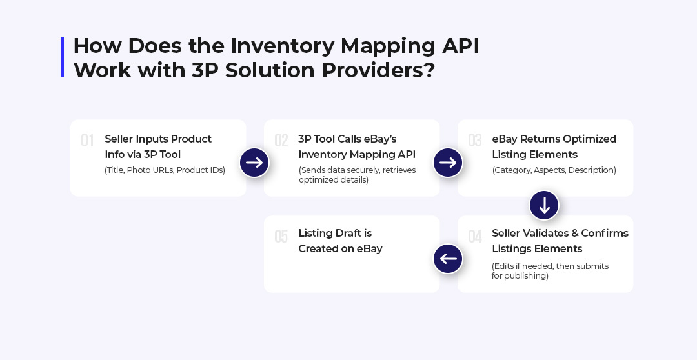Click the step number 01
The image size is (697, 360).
tap(87, 141)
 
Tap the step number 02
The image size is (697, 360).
tap(281, 141)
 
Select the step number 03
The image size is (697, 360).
tap(475, 141)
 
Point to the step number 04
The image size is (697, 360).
tap(475, 236)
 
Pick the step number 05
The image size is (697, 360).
tap(281, 236)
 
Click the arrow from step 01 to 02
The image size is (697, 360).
tap(254, 163)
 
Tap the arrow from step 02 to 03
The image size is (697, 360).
tap(448, 163)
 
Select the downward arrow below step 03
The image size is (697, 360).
tap(544, 205)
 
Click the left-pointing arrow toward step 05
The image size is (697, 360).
tap(448, 259)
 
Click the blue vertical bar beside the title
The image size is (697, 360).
tap(62, 57)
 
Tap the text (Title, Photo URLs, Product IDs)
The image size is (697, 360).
tap(165, 170)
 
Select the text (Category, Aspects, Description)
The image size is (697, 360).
tap(554, 170)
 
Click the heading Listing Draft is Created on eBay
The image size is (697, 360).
tap(341, 241)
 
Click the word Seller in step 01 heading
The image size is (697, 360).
tap(119, 139)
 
